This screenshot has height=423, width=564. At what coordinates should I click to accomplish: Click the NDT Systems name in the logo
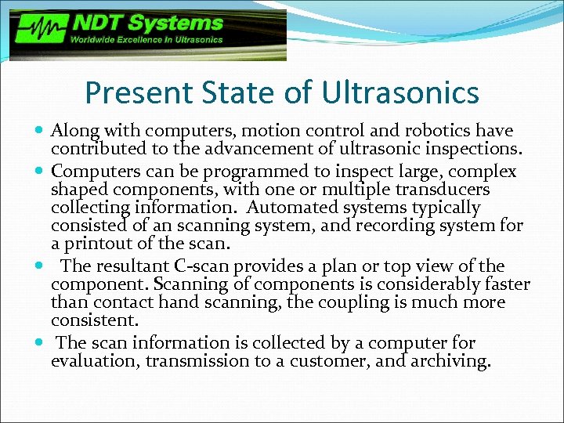(x=147, y=24)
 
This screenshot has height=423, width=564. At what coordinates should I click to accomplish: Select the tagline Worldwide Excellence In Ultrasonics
(x=147, y=40)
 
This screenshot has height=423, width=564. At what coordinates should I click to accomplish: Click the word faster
(x=506, y=284)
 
